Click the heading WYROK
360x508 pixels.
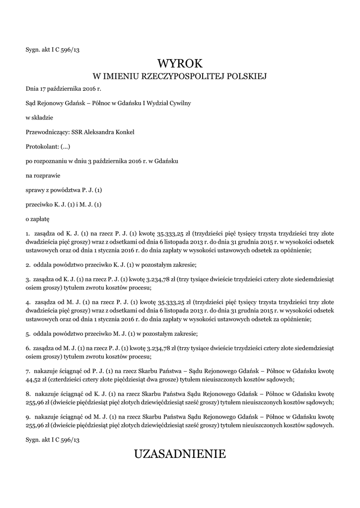(x=180, y=63)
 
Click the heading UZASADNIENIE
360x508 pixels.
(x=180, y=453)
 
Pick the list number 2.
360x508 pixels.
(x=27, y=264)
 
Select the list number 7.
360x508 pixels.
(x=27, y=371)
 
